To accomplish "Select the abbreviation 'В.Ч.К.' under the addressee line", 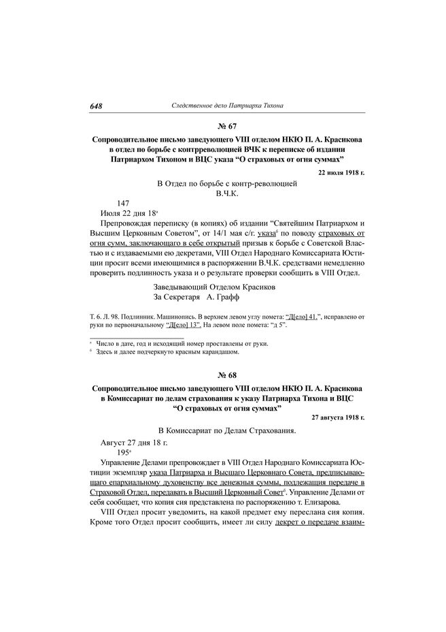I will (226, 193).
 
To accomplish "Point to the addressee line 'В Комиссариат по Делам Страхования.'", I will (227, 432).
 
